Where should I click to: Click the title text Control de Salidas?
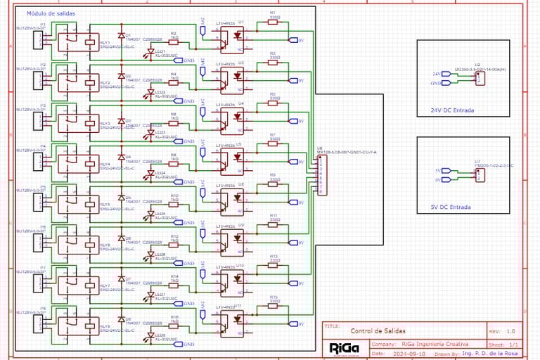point(378,330)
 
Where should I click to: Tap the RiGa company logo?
point(345,348)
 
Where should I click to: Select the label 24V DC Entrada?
point(452,110)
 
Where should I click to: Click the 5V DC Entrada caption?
point(451,207)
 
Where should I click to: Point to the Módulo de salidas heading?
point(51,13)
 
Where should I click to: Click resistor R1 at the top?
point(273,22)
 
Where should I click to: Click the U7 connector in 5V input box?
point(479,175)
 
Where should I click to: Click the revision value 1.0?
point(510,330)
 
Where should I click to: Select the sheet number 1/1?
point(513,345)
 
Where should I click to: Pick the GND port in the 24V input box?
point(436,83)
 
